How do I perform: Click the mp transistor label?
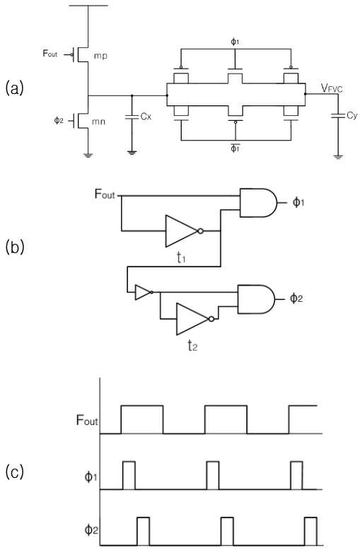[100, 56]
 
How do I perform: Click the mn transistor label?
[98, 122]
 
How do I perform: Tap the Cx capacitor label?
[146, 117]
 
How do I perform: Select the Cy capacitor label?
[352, 116]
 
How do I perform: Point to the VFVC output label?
[332, 88]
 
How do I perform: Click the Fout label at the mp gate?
[50, 54]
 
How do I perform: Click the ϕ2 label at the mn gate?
[59, 121]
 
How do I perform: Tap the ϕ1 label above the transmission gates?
[235, 42]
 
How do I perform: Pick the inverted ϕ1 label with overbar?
[235, 148]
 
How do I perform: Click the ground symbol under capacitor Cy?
[338, 157]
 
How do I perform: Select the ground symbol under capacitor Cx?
[132, 153]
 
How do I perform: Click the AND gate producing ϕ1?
[258, 203]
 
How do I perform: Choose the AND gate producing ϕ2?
[257, 299]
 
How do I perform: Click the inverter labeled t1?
[184, 231]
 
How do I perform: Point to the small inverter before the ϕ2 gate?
[144, 292]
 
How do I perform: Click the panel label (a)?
[15, 88]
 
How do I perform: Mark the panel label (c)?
[15, 472]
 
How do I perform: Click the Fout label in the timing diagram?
[87, 420]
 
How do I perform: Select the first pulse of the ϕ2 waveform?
[143, 532]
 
